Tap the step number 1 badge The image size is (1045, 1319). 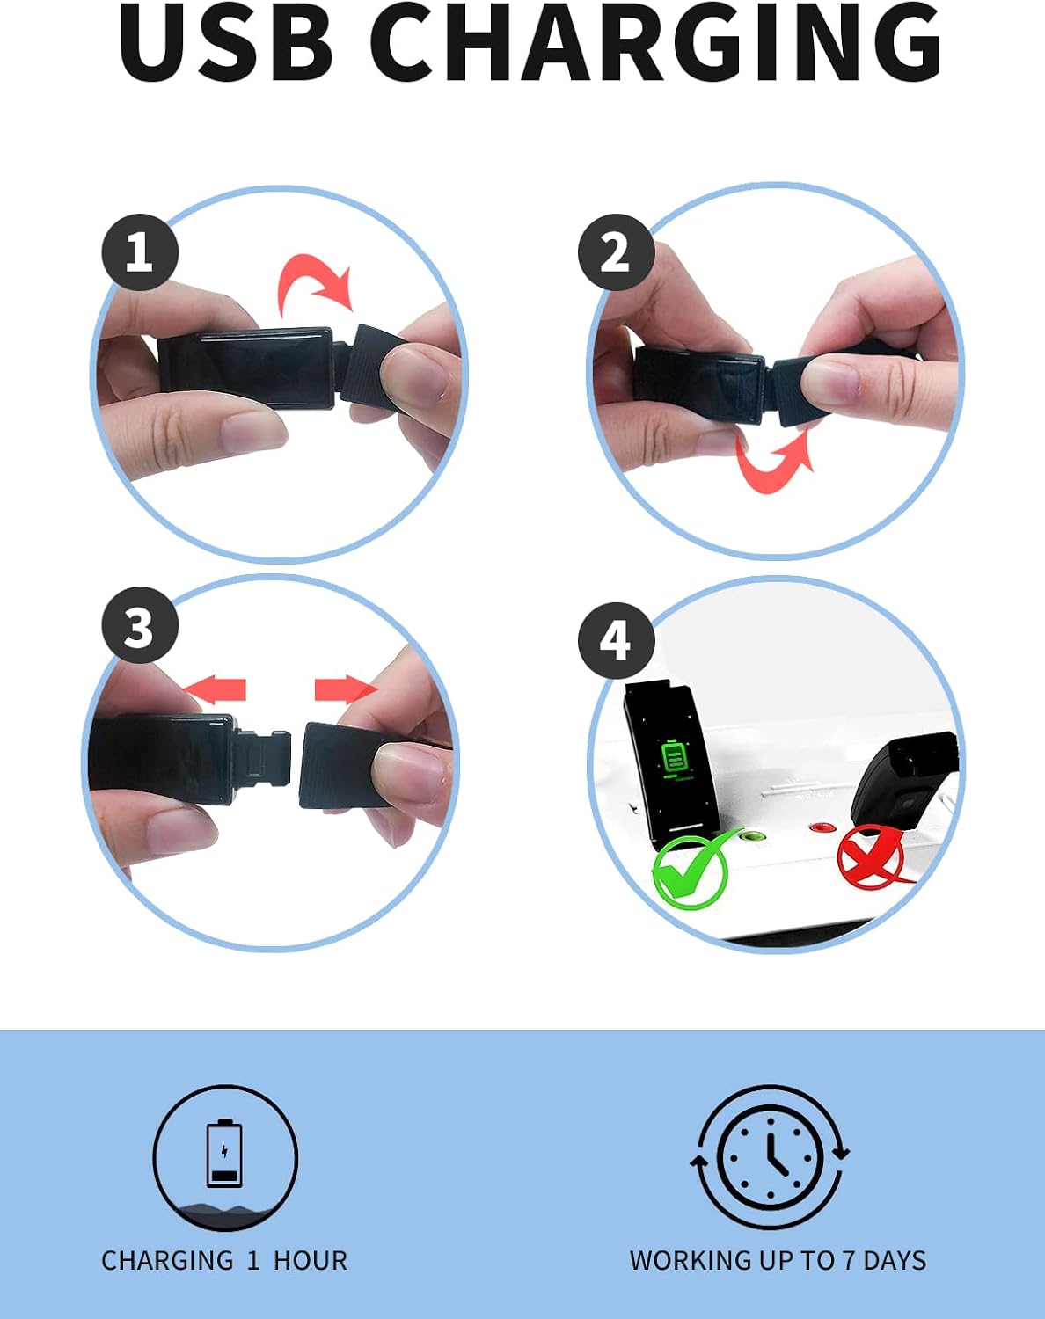pos(140,251)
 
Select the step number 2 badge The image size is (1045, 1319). pos(617,251)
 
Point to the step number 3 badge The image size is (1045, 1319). pos(140,625)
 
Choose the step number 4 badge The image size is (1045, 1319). pos(617,640)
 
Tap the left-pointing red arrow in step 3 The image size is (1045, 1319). pos(215,689)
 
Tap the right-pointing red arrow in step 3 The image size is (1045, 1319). pos(347,689)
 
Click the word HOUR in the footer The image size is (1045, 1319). pos(311,1261)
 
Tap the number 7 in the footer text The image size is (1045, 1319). pos(849,1261)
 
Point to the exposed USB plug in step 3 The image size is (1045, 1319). pos(264,760)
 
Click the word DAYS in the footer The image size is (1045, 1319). pos(895,1261)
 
